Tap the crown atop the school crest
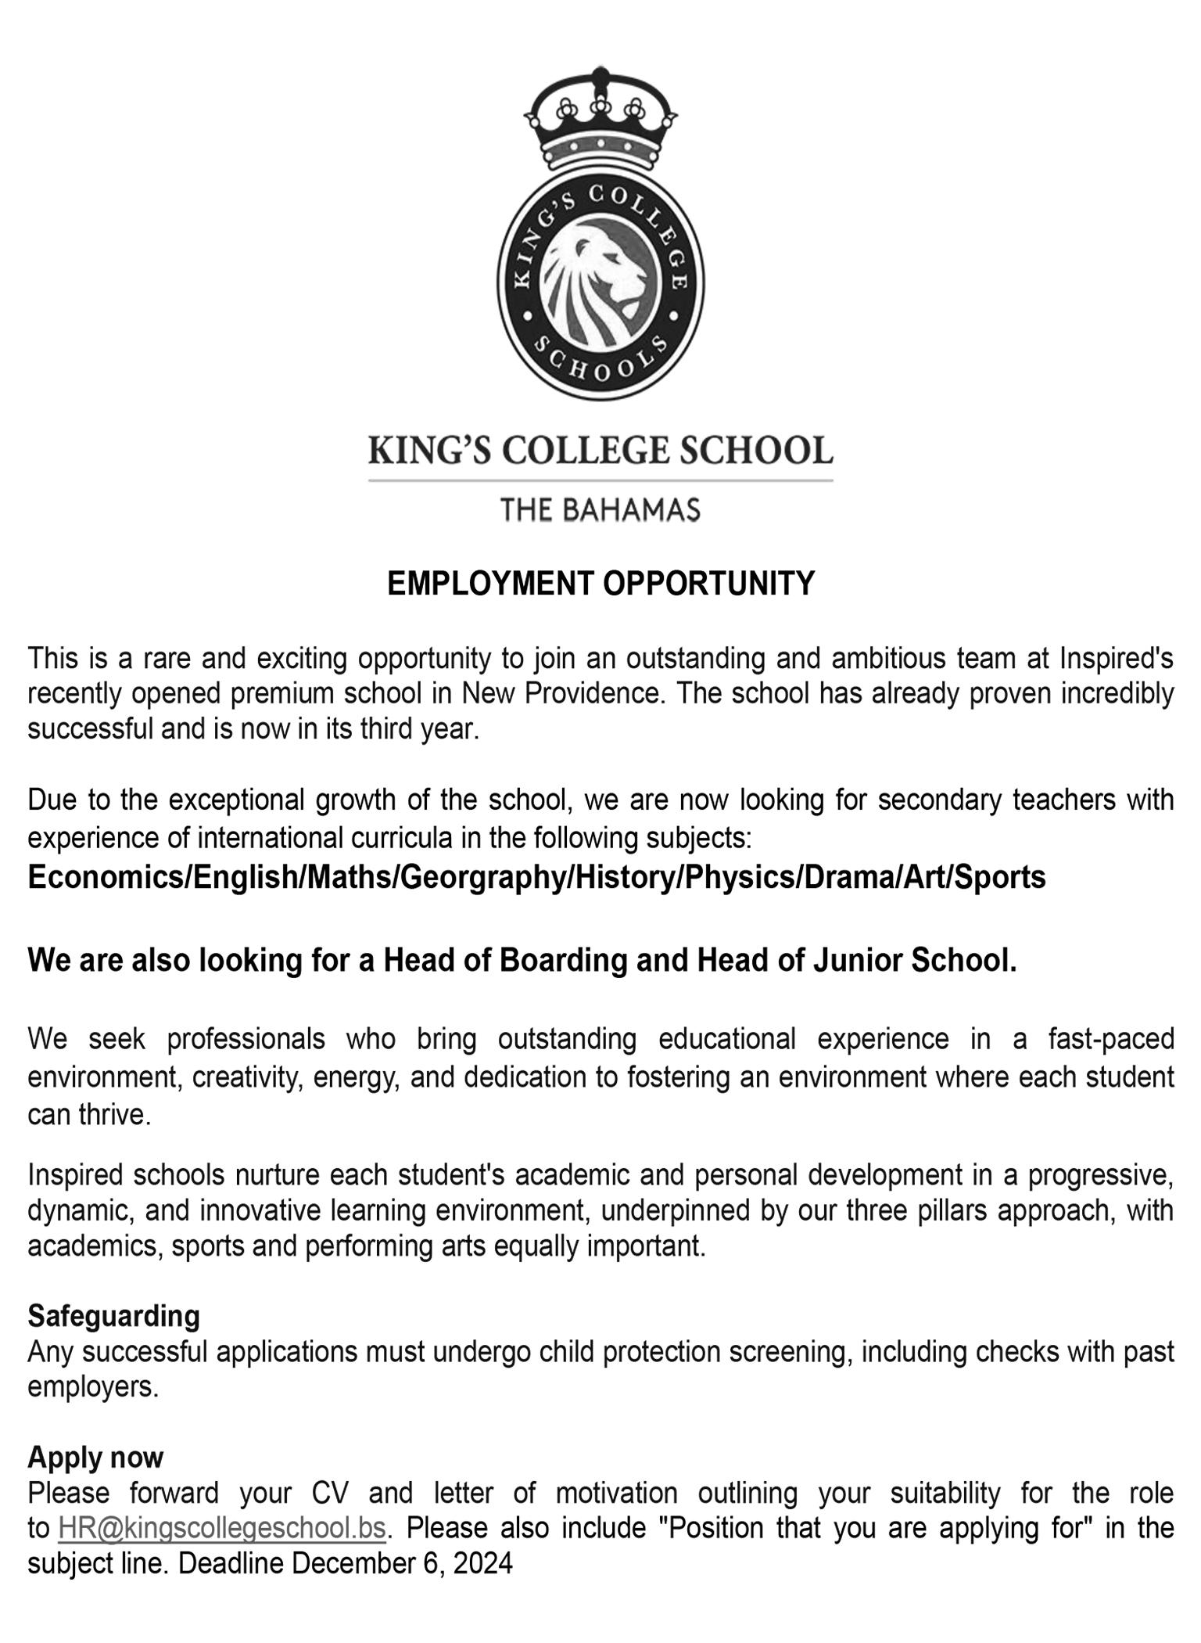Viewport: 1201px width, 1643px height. point(600,117)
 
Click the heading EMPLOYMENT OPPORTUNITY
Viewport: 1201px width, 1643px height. point(600,584)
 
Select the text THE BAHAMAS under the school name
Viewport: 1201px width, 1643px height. point(600,510)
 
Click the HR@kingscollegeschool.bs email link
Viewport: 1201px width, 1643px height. point(222,1528)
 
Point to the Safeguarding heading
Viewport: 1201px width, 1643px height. point(114,1316)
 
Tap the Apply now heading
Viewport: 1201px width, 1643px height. point(95,1457)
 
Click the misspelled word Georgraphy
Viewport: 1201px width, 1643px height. point(484,877)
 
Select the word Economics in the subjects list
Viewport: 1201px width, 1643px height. point(106,877)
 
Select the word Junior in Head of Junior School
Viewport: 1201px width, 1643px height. point(858,960)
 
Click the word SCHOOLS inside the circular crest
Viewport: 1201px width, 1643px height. point(600,361)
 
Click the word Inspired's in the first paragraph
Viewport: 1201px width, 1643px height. point(1116,658)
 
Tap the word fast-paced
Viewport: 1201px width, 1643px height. point(1111,1039)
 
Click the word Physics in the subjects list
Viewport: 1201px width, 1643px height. point(740,877)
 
